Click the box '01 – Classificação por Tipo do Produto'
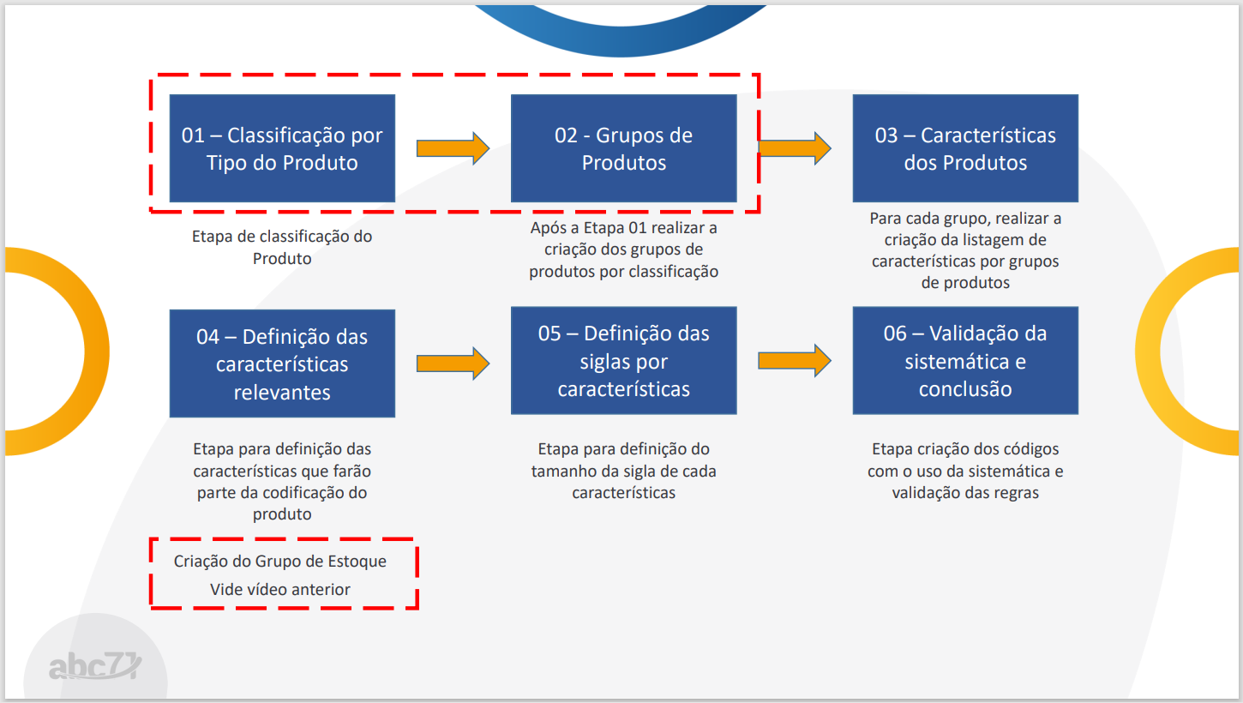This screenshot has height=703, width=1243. point(282,148)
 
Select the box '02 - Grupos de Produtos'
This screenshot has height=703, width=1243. point(624,148)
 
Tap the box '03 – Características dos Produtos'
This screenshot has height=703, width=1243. point(965,148)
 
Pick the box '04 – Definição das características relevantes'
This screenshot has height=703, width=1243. point(282,364)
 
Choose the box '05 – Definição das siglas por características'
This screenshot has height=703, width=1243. point(624,361)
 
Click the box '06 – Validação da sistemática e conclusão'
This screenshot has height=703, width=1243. point(965,361)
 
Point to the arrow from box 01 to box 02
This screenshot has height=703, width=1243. point(453,148)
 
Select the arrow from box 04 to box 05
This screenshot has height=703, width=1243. point(453,364)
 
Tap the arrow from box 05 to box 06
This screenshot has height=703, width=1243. point(795,361)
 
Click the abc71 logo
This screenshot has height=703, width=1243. point(95,665)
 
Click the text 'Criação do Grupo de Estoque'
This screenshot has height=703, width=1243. point(280,561)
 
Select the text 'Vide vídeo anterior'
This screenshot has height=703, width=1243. point(280,589)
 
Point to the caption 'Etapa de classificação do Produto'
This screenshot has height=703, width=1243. point(282,248)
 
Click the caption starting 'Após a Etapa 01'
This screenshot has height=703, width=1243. point(624,249)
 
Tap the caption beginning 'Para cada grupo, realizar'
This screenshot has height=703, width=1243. point(965,250)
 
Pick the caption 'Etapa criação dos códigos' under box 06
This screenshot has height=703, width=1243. point(965,471)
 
